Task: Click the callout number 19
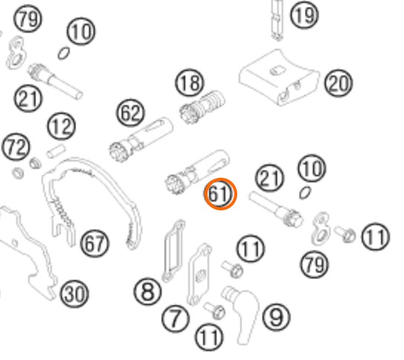click(x=304, y=16)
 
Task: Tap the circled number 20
click(x=338, y=83)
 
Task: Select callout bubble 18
click(x=190, y=83)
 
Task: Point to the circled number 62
click(x=130, y=113)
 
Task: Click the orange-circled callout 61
click(x=220, y=193)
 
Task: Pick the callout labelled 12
click(x=62, y=126)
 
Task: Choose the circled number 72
click(x=16, y=147)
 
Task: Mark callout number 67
click(x=95, y=244)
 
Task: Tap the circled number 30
click(x=74, y=293)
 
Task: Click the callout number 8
click(x=148, y=292)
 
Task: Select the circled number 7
click(x=176, y=319)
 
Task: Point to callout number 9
click(x=276, y=317)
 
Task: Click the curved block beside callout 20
click(x=279, y=77)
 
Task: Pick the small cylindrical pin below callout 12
click(x=56, y=151)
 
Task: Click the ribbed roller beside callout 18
click(x=202, y=107)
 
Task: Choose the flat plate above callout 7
click(x=199, y=274)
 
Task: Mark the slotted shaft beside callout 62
click(x=141, y=139)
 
